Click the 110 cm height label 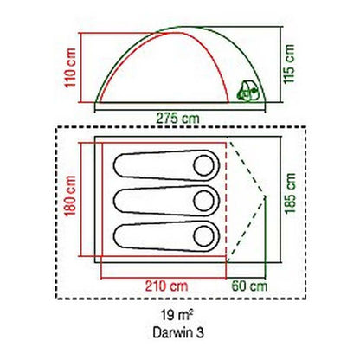(x=71, y=67)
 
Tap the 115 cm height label (x=289, y=64)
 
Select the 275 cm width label (x=177, y=119)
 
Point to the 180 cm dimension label (x=71, y=196)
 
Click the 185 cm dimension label (x=291, y=193)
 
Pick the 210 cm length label (x=166, y=286)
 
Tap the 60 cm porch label (x=250, y=286)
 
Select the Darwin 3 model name (x=178, y=332)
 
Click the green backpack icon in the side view (x=248, y=91)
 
